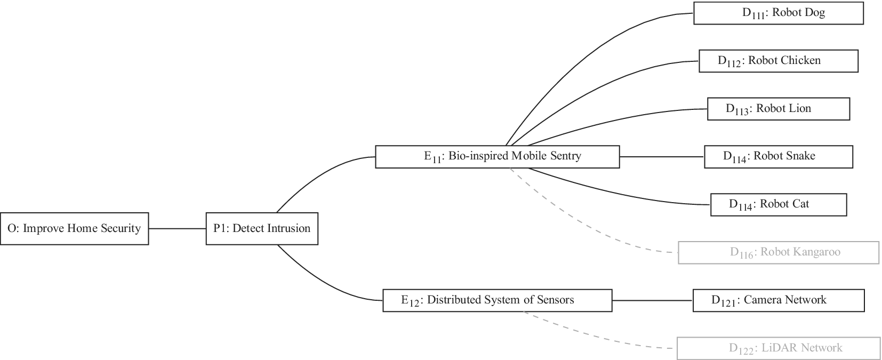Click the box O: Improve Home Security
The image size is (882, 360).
(74, 229)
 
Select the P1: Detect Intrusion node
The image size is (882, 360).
(262, 229)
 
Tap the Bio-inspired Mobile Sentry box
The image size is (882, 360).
(497, 157)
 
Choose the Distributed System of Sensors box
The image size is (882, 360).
(497, 300)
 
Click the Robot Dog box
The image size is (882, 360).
(778, 13)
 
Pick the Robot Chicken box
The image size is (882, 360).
(778, 61)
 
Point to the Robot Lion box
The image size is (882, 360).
(778, 109)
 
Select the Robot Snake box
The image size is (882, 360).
(778, 157)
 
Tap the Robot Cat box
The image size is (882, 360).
(778, 205)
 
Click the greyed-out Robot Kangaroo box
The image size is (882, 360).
(778, 252)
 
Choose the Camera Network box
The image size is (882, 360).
(778, 300)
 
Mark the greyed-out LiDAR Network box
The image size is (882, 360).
(778, 348)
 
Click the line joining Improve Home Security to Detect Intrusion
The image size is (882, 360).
(177, 229)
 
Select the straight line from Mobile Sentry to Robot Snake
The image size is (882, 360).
(661, 157)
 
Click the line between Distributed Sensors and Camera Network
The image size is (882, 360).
(652, 300)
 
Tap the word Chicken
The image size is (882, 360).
(799, 60)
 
